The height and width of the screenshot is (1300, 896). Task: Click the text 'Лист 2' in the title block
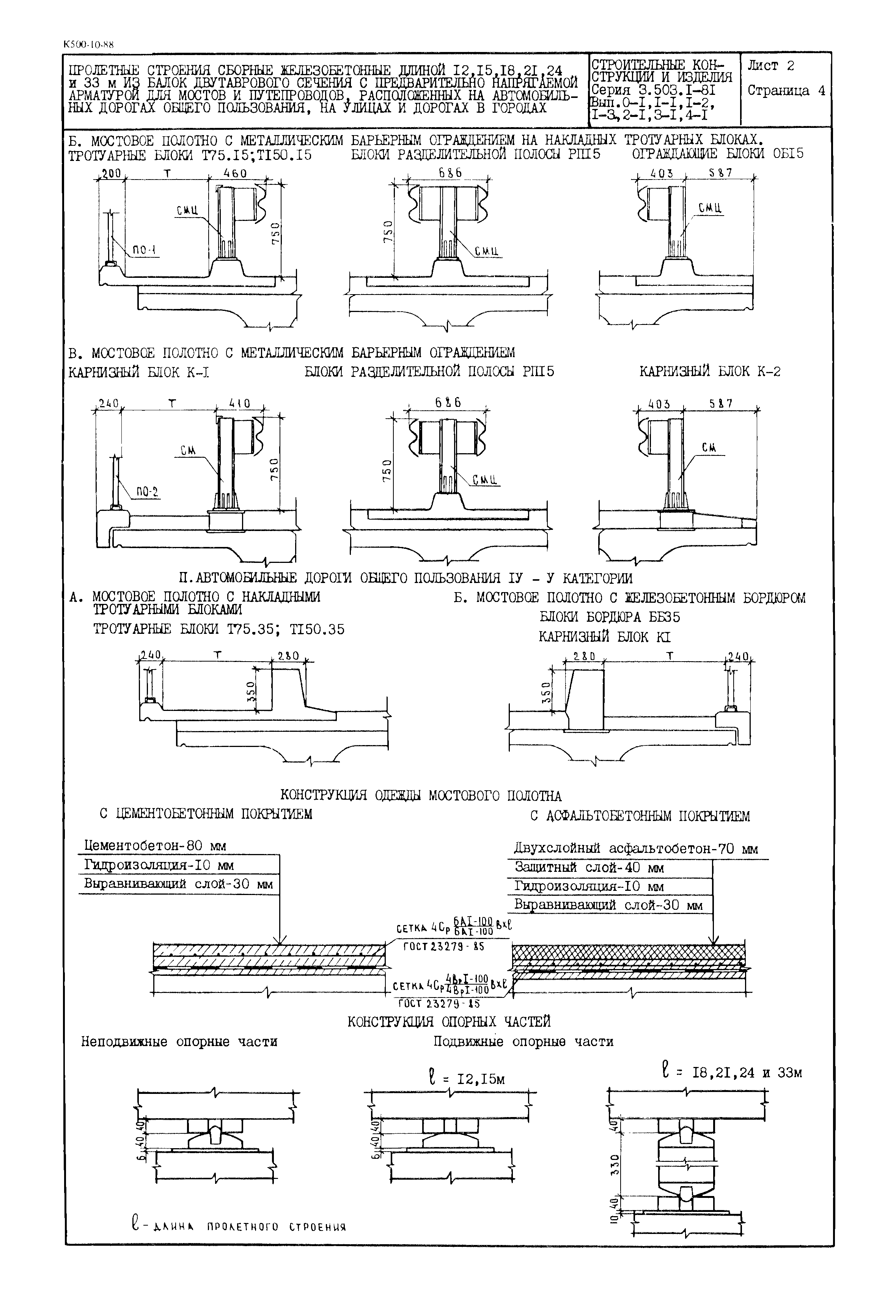coord(771,66)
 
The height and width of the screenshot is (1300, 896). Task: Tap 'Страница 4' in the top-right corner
coord(786,91)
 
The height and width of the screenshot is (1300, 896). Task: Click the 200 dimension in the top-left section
coord(111,174)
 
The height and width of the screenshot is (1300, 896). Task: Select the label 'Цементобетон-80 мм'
coord(155,846)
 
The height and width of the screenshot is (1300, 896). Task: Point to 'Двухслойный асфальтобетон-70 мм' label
coord(635,849)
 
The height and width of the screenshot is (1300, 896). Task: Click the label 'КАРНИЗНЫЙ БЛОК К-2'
coord(710,371)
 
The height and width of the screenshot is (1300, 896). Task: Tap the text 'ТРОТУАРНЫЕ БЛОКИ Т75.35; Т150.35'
coord(218,629)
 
